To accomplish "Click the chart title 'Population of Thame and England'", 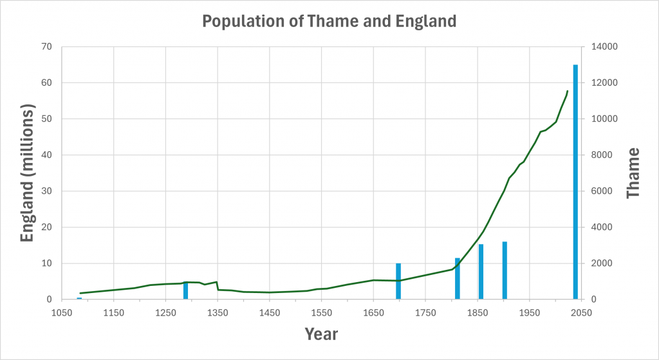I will [x=329, y=21].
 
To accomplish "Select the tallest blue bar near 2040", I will [x=575, y=182].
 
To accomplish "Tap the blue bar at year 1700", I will [x=398, y=281].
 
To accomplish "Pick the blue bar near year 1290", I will [x=186, y=290].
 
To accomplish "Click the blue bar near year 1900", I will [x=505, y=270].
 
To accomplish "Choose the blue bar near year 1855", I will [x=481, y=272].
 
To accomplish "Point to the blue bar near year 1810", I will [x=458, y=279].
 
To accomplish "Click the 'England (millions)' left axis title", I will [x=26, y=174].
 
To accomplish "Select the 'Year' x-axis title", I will [x=321, y=334].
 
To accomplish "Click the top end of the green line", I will [x=567, y=91].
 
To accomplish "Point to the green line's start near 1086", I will [x=80, y=293].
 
